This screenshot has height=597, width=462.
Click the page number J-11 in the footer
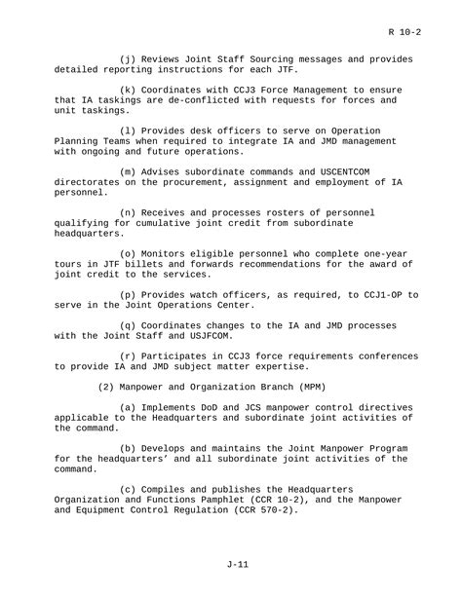tap(231, 562)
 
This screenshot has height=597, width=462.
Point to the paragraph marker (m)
tap(128, 171)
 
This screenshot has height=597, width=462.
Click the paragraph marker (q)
tap(128, 327)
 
